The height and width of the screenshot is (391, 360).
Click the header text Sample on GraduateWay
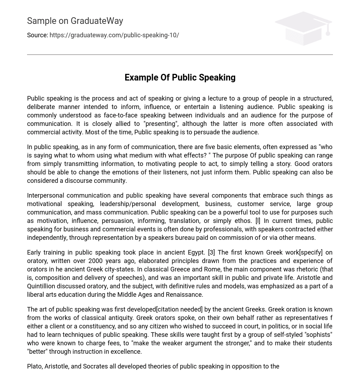(x=75, y=21)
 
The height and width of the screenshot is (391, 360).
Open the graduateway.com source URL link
(x=114, y=35)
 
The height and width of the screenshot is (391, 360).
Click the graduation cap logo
(x=303, y=28)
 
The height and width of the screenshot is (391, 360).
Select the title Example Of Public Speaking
(x=180, y=77)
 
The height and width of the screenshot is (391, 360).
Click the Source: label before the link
(x=37, y=35)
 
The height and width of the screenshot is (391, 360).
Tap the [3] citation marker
(x=211, y=252)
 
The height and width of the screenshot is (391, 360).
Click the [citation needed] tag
(x=179, y=309)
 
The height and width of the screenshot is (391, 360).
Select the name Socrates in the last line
(x=95, y=366)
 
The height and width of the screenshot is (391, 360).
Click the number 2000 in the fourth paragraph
(x=96, y=261)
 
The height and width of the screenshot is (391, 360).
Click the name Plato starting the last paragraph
(x=34, y=366)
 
